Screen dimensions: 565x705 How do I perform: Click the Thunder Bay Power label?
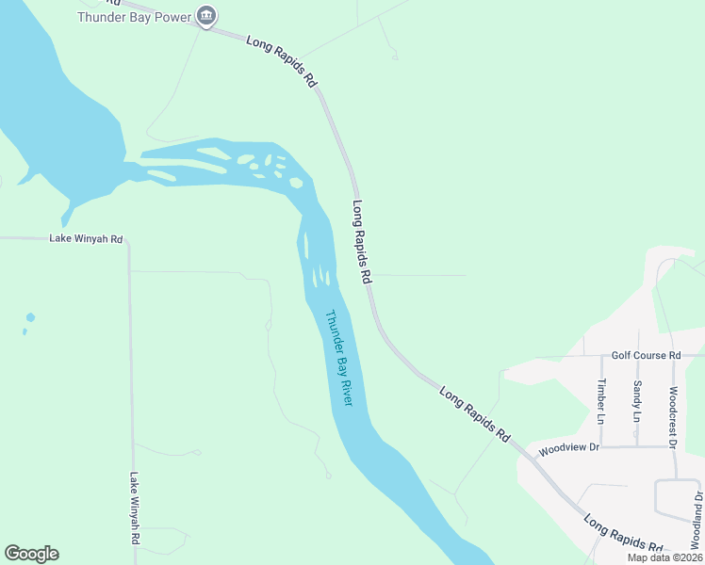134,17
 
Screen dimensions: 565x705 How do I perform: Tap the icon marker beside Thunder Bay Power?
207,16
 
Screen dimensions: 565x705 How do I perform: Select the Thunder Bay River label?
338,358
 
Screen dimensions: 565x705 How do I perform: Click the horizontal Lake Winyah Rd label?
86,239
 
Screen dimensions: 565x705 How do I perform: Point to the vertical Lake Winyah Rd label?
135,508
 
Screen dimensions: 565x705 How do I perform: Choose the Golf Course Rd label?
646,355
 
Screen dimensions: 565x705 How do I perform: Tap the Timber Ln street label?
600,401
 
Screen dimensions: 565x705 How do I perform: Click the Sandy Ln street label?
637,401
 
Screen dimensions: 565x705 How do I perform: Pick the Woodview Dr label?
569,450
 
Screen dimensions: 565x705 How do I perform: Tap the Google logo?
31,554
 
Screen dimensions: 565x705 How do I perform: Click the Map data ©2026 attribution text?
664,557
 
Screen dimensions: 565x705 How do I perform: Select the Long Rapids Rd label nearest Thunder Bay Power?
282,62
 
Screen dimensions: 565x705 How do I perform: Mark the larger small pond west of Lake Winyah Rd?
30,317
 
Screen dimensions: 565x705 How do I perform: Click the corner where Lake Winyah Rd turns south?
128,241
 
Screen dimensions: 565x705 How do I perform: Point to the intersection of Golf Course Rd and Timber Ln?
602,357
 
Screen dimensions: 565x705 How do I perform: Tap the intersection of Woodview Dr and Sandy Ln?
638,446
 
